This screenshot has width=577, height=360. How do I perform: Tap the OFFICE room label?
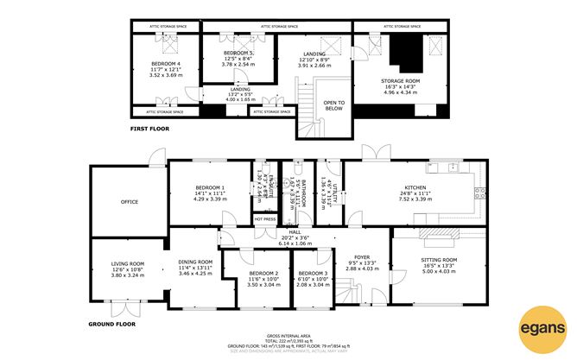(130, 202)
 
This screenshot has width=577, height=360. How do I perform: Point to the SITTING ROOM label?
(438, 259)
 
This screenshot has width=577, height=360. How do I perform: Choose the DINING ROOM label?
(195, 262)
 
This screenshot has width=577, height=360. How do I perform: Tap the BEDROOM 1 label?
(210, 187)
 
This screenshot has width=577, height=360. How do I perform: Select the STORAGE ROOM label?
(400, 80)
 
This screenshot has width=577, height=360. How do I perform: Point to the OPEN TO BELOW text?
(333, 105)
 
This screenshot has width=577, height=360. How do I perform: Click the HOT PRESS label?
(264, 219)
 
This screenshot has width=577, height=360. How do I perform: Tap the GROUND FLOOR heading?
(112, 324)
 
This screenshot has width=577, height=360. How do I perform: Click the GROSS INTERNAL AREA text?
(288, 335)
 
